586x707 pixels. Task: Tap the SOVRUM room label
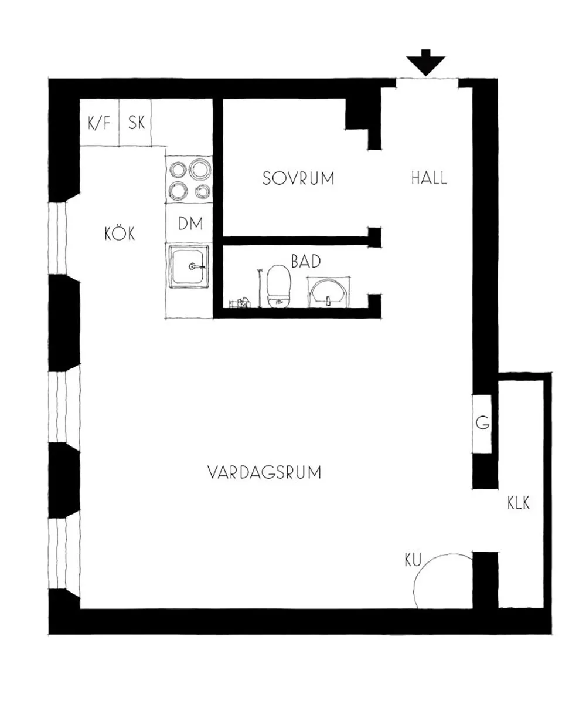(298, 178)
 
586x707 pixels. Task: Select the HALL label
(429, 178)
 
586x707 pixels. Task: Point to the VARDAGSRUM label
(264, 472)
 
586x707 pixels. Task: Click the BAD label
(306, 262)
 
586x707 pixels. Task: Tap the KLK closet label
(519, 503)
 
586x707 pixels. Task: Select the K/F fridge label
(100, 123)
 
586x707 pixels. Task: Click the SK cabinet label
(137, 123)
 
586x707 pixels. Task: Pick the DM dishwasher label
(190, 224)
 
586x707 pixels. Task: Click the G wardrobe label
(482, 422)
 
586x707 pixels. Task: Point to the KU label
(413, 560)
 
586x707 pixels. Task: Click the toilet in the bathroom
(278, 286)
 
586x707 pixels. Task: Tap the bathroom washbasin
(328, 293)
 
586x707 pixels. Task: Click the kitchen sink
(189, 267)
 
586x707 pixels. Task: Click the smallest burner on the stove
(203, 192)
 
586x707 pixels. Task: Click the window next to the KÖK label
(57, 238)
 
